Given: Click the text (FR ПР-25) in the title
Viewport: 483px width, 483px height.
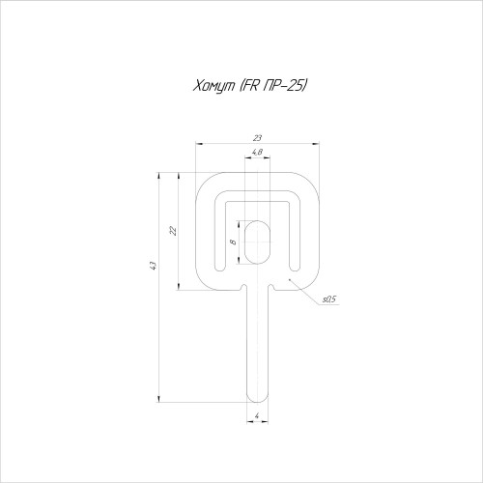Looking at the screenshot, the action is (272, 86).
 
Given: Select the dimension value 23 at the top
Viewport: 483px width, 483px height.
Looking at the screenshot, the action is (257, 138).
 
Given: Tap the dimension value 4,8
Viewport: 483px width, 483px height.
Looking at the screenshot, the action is (257, 152).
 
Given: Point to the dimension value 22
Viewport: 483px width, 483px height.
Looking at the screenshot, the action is (173, 231).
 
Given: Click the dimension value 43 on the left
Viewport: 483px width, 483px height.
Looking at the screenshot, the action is (154, 266).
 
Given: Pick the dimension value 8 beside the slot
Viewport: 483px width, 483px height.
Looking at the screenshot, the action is (234, 241).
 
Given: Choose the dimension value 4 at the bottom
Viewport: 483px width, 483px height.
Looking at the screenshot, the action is (257, 415).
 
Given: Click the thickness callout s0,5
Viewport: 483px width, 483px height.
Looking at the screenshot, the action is (329, 299).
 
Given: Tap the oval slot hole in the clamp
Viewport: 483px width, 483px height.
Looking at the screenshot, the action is (257, 242).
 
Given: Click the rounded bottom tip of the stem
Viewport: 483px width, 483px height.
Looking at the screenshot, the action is (257, 399).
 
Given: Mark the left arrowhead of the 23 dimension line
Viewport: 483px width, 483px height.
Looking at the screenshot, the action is (200, 144).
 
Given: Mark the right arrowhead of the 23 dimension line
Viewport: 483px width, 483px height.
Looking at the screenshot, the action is (316, 144).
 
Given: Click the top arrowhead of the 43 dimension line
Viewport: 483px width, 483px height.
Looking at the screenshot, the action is (158, 176).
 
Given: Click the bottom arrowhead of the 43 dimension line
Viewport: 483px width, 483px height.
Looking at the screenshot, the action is (158, 399).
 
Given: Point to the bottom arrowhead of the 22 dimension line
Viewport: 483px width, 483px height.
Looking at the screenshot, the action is (179, 286).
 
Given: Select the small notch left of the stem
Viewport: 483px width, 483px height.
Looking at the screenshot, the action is (243, 287).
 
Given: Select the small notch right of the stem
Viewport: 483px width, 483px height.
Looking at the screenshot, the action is (271, 287).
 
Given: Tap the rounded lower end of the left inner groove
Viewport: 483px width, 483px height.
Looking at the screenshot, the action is (220, 268).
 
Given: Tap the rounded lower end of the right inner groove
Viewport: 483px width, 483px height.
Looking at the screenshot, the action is (295, 268).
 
